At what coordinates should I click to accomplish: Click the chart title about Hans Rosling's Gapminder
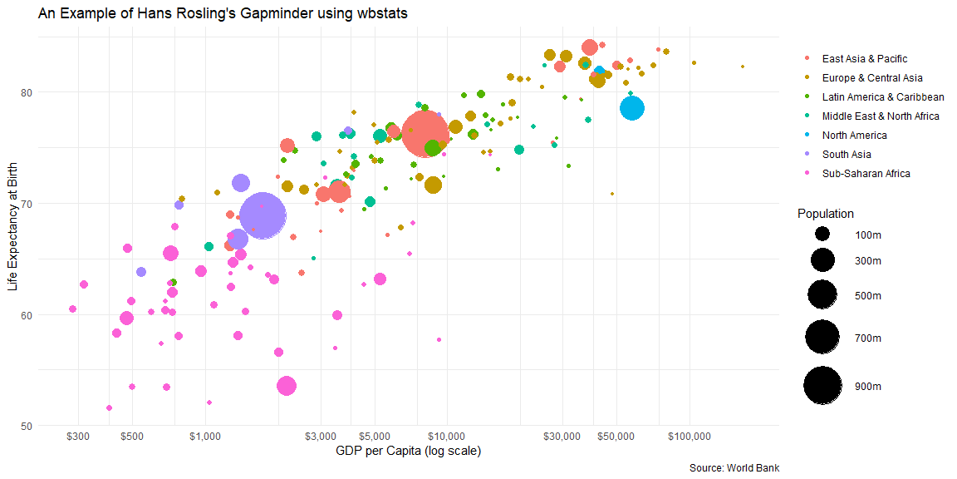pos(223,14)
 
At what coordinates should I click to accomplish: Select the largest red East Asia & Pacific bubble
pos(425,133)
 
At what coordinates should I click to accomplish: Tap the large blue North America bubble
pos(632,108)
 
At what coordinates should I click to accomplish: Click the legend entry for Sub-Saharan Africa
pos(866,174)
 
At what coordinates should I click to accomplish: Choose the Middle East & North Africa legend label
pos(880,116)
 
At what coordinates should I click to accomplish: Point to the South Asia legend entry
pos(847,155)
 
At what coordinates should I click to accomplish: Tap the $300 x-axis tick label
pos(78,437)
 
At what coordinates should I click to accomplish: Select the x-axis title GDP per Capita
pos(409,452)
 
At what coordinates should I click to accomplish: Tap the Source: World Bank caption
pos(734,468)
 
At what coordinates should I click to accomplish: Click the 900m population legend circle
pos(823,386)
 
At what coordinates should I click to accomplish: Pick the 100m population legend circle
pos(823,235)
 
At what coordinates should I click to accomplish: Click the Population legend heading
pos(826,214)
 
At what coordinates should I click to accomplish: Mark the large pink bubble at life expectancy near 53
pos(287,386)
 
